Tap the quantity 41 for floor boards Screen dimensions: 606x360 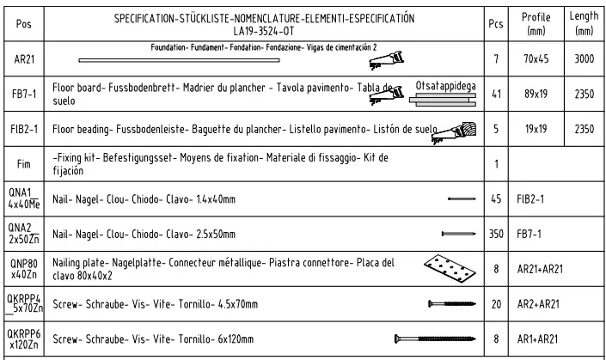click(494, 95)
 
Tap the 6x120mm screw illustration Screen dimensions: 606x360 click(433, 338)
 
